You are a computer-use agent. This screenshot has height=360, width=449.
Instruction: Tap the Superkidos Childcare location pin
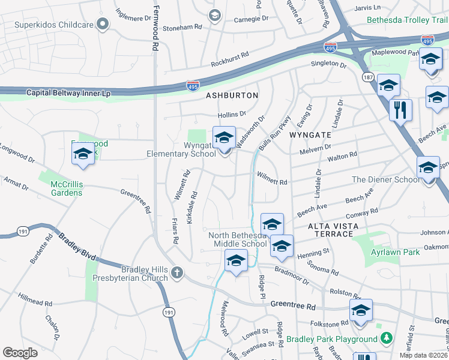103,25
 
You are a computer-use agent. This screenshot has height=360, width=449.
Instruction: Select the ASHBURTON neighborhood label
232,95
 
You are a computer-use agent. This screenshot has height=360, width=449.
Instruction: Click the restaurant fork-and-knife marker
400,110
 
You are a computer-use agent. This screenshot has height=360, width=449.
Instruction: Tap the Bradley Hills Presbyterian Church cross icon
176,273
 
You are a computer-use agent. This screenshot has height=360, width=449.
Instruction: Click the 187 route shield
368,77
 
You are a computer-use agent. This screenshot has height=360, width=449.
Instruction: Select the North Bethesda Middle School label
238,239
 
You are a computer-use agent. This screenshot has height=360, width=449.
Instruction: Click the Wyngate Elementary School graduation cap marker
224,139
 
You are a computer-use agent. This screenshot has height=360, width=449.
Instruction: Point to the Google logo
20,352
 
